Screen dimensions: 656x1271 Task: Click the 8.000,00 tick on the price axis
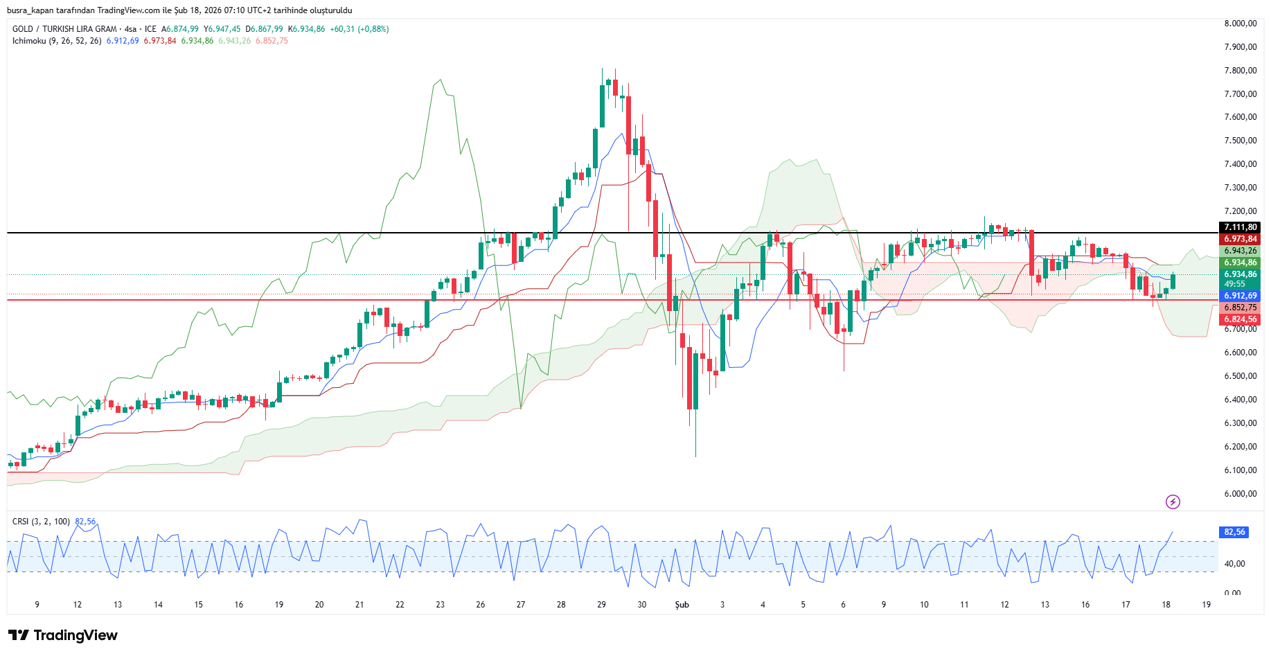[x=1240, y=24]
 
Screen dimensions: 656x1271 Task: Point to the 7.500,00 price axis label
[x=1240, y=141]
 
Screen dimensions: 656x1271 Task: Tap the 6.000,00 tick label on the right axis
[x=1240, y=494]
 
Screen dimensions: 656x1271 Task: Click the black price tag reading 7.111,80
[x=1240, y=227]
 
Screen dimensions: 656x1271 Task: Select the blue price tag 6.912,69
[x=1240, y=296]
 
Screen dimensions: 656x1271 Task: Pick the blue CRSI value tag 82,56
[x=1234, y=532]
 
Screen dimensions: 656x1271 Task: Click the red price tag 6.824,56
[x=1240, y=319]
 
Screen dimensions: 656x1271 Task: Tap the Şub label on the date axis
[x=682, y=605]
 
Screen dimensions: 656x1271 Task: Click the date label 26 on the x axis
[x=481, y=605]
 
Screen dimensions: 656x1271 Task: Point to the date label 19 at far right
[x=1207, y=605]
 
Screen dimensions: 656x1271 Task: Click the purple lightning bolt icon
[x=1173, y=502]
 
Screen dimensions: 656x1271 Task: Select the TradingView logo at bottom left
[x=63, y=635]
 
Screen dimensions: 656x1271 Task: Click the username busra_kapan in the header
[x=30, y=10]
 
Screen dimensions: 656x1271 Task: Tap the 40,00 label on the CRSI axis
[x=1234, y=564]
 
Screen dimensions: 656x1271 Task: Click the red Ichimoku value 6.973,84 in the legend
[x=160, y=41]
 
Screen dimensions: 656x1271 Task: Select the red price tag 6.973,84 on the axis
[x=1240, y=239]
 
